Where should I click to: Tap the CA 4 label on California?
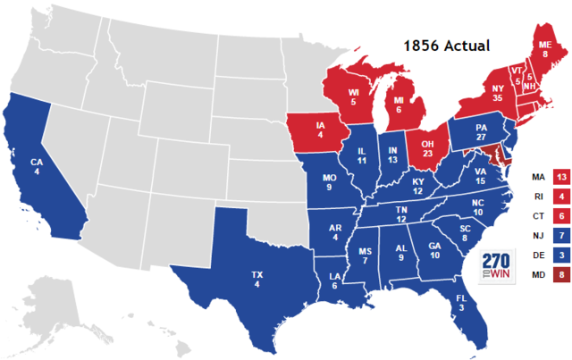click(37, 167)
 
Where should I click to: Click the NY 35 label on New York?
click(470, 95)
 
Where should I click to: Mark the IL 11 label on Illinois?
click(362, 159)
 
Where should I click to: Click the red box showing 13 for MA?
click(561, 176)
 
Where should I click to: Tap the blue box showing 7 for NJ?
click(561, 235)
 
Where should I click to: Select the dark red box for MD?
click(561, 274)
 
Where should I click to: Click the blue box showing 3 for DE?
click(561, 255)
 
